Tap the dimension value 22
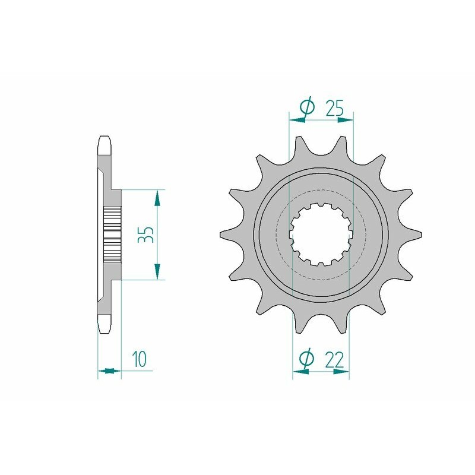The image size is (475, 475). [334, 359]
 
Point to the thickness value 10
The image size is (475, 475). [140, 359]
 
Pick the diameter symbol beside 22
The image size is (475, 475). [307, 359]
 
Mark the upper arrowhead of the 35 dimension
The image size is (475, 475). [157, 198]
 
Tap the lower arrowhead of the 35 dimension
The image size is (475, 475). [157, 272]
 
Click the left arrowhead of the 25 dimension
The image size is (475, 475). [296, 119]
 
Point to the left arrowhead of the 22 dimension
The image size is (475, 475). [300, 373]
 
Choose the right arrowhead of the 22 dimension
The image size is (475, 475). [341, 373]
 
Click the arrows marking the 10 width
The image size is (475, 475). [108, 371]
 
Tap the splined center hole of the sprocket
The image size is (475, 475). [321, 235]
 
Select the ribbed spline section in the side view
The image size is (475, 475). [112, 235]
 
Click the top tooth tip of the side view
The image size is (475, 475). [104, 142]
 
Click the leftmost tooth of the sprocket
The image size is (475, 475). [228, 235]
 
